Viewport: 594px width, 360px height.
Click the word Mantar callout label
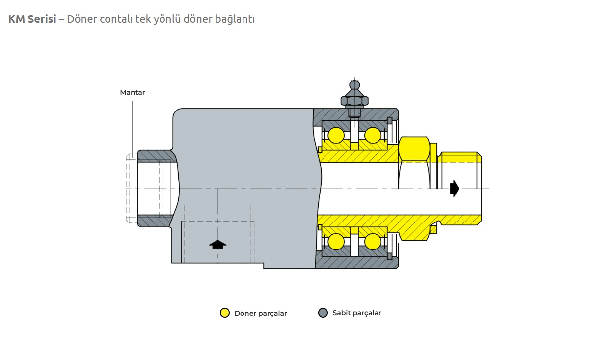133,92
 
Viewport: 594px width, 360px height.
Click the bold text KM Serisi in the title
32,19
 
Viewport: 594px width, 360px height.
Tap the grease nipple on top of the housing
354,96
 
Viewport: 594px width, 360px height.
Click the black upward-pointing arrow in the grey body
217,244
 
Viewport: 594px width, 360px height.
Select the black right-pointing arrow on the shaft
455,188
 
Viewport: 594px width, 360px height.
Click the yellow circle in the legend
225,313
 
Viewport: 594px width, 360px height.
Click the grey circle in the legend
323,313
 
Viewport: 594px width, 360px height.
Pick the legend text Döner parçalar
261,313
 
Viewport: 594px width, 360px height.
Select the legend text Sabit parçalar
357,313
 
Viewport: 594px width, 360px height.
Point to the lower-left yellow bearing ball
336,241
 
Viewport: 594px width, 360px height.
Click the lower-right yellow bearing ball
373,241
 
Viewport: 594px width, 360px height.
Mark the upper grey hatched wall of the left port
156,156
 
